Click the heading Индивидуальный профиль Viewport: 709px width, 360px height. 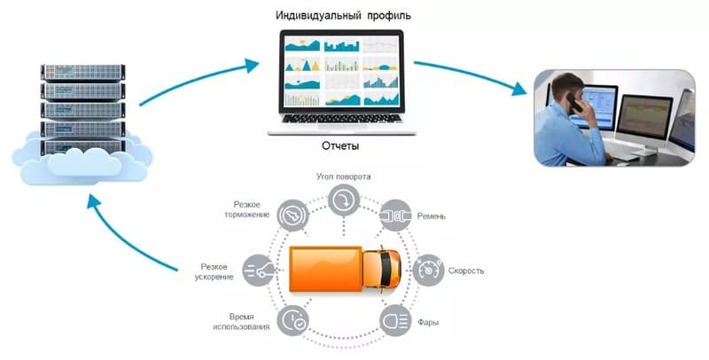click(342, 16)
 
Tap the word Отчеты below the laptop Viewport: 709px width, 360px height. click(340, 145)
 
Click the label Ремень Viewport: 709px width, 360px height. click(440, 215)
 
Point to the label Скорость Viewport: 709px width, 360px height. click(465, 270)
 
